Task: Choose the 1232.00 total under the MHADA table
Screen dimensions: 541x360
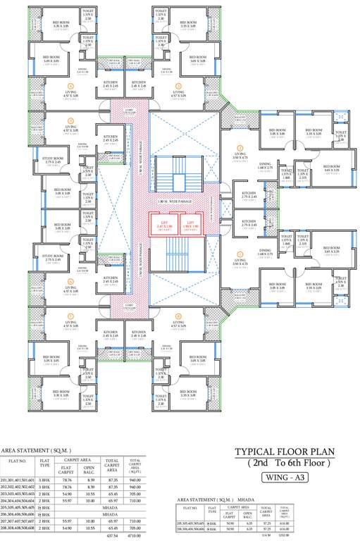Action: (285, 535)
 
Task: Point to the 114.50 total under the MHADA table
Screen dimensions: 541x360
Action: (266, 535)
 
